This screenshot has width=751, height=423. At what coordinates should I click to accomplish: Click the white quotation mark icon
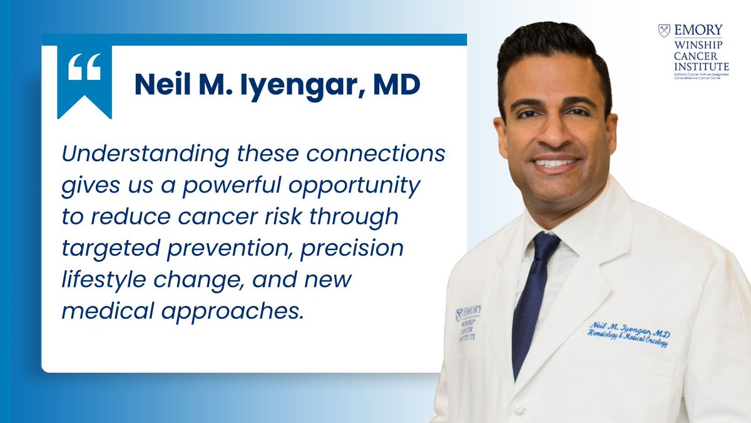pos(84,70)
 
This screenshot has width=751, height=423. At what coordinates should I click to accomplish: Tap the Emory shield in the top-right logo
pos(664,30)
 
